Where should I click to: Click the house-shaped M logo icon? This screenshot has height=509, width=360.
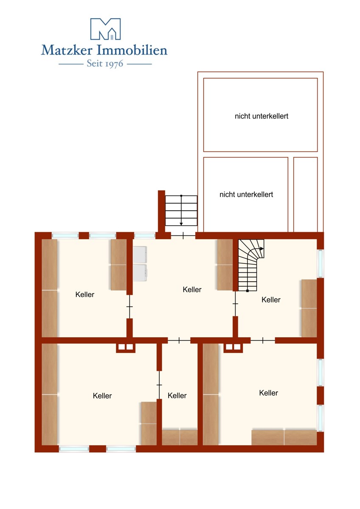tap(106, 29)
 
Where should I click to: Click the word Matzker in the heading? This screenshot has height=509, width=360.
tap(66, 50)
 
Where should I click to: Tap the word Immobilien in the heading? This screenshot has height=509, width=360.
tap(132, 50)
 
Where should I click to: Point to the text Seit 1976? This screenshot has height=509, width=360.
tap(105, 64)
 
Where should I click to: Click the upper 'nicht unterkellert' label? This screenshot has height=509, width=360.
tap(262, 116)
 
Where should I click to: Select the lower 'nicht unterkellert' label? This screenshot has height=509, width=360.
tap(246, 195)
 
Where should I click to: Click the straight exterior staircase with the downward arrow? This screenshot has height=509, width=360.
tap(181, 210)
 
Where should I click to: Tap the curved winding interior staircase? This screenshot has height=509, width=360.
tap(250, 265)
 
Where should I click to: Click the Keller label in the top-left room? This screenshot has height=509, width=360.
tap(85, 294)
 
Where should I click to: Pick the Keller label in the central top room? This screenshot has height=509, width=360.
tap(192, 289)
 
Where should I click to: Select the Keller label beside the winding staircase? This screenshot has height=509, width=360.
tap(271, 300)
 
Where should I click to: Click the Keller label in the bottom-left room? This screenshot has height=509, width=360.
tap(102, 396)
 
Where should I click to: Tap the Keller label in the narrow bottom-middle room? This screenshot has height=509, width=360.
tap(177, 396)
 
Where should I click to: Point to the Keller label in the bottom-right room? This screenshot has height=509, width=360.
tap(269, 393)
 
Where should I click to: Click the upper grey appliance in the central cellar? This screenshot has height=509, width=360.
tap(140, 255)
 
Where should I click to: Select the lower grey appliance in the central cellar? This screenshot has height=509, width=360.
tap(140, 273)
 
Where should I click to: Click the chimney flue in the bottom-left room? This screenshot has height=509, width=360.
tap(126, 347)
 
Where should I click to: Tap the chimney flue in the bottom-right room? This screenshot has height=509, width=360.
tap(233, 347)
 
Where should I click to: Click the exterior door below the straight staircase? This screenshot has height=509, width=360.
tap(183, 236)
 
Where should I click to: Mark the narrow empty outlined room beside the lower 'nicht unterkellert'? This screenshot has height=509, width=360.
tap(305, 195)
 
